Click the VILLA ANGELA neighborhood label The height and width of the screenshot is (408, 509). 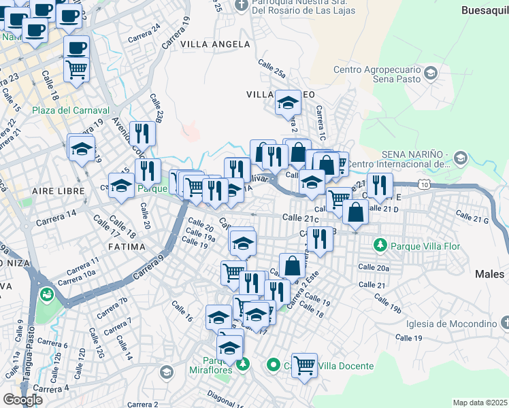(x=215, y=44)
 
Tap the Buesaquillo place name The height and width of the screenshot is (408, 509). (x=485, y=10)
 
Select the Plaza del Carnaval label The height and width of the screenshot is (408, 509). (x=71, y=110)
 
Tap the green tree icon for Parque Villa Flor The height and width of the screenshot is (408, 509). (x=381, y=244)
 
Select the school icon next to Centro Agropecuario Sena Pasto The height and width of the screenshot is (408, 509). (x=430, y=72)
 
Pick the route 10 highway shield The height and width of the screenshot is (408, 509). (x=425, y=184)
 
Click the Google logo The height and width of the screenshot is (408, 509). (x=22, y=399)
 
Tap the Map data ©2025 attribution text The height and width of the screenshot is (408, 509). (x=480, y=403)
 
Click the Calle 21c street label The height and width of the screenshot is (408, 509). (x=300, y=218)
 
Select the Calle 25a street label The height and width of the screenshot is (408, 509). (x=272, y=67)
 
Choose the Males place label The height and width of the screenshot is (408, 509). (x=489, y=274)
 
